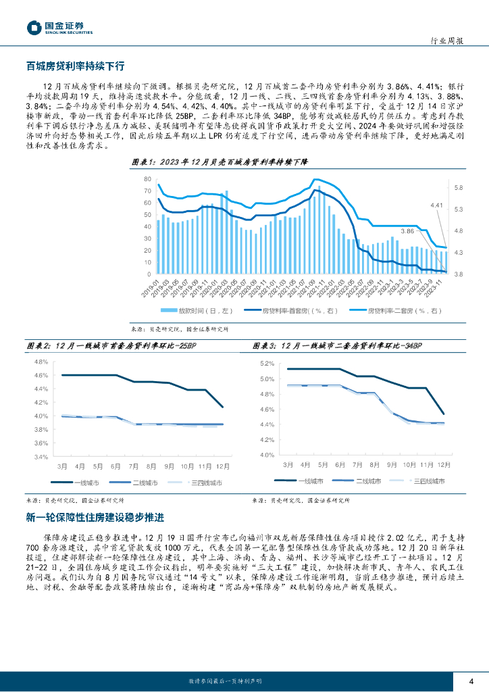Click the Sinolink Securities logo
pyautogui.click(x=59, y=27)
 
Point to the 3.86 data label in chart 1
pyautogui.click(x=407, y=231)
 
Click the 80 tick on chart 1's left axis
pyautogui.click(x=147, y=179)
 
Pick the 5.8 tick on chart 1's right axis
pyautogui.click(x=458, y=187)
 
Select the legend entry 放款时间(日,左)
pyautogui.click(x=196, y=310)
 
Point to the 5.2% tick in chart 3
pyautogui.click(x=266, y=364)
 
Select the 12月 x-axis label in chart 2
pyautogui.click(x=223, y=466)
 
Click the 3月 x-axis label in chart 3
pyautogui.click(x=288, y=466)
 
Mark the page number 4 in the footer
pyautogui.click(x=471, y=680)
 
